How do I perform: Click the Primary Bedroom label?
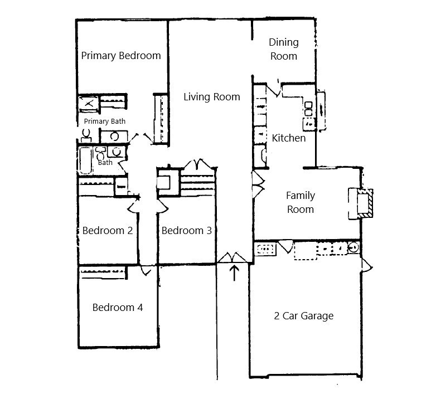pos(121,56)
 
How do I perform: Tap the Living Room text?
pos(212,97)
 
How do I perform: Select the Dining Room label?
pos(284,49)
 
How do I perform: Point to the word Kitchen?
pos(289,138)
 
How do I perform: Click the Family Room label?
pos(301,202)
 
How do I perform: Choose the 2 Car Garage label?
pos(304,316)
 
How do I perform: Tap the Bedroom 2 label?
pos(107,231)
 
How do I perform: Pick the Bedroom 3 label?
pos(186,231)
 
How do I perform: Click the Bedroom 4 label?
pos(118,308)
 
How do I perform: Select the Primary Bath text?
pos(105,121)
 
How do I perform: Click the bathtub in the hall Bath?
pos(86,161)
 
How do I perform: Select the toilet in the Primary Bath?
pos(86,134)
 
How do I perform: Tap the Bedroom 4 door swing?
pos(146,271)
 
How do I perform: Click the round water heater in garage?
pos(353,247)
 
